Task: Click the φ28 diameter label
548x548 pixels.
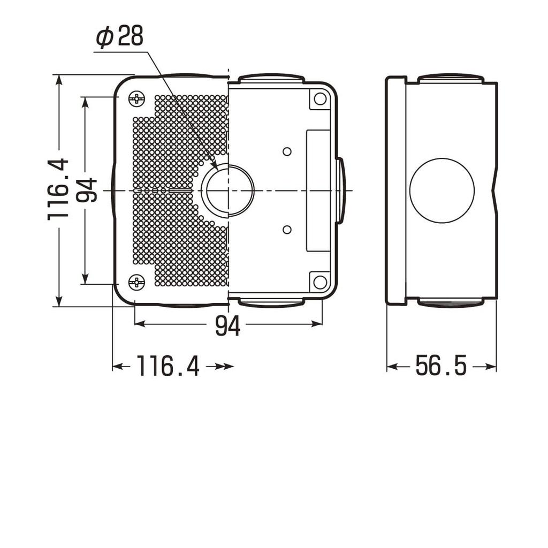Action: click(120, 37)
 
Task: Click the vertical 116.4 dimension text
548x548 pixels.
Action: click(58, 188)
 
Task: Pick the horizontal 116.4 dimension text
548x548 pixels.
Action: click(168, 367)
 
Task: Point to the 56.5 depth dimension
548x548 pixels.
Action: click(441, 367)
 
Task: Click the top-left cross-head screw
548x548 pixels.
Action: click(137, 98)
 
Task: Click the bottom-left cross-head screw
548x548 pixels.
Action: click(137, 282)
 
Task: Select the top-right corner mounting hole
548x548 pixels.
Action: click(320, 98)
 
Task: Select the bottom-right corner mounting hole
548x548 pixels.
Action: click(320, 282)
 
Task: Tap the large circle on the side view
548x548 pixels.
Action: click(442, 190)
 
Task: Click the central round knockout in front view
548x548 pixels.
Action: click(227, 191)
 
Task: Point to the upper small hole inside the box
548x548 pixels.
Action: click(287, 151)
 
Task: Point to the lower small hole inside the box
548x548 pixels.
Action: click(287, 230)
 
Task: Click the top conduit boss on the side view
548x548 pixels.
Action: click(451, 79)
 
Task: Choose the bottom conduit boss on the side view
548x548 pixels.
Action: click(451, 302)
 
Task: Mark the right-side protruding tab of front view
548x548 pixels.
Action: click(340, 191)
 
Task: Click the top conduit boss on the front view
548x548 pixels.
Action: click(271, 79)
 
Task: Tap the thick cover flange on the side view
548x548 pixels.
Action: click(395, 191)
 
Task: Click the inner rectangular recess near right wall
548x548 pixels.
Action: click(317, 191)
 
